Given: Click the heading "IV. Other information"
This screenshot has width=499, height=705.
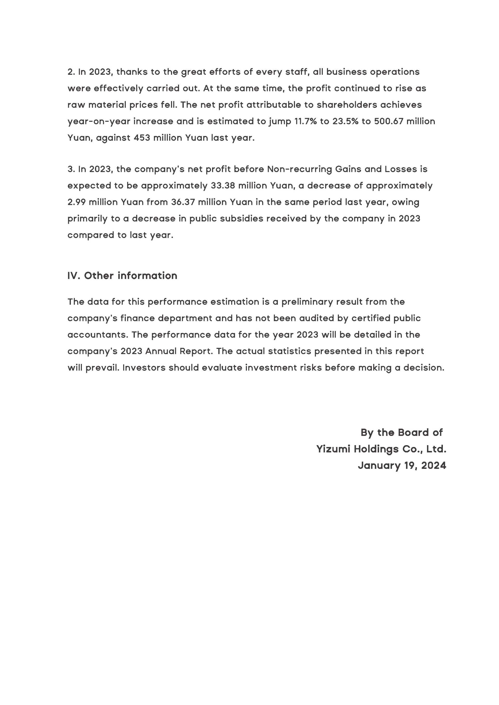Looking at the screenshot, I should [x=122, y=275].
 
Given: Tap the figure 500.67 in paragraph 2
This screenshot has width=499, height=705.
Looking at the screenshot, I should [x=388, y=121].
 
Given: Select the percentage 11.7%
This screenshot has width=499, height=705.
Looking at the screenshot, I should [x=305, y=121].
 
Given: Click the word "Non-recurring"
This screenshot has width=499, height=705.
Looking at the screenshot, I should [x=299, y=169].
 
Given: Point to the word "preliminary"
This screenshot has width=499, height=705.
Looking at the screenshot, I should [x=307, y=302].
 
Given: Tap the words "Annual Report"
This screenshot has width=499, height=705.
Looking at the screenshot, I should [x=179, y=351].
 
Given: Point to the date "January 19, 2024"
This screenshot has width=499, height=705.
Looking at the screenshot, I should [x=402, y=465].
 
